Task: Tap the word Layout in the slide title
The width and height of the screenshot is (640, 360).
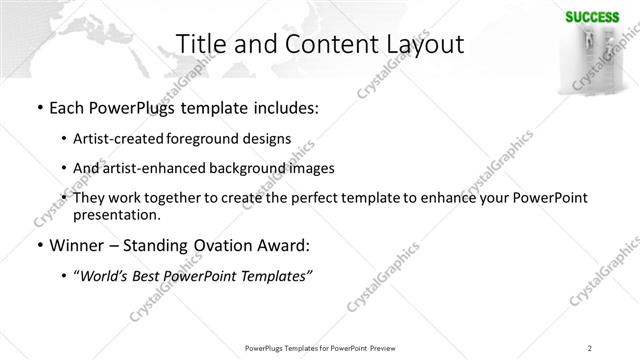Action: [424, 45]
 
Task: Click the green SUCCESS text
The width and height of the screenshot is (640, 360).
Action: [591, 16]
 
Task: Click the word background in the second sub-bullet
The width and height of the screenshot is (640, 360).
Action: [225, 168]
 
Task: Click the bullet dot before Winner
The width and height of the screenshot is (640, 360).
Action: [38, 244]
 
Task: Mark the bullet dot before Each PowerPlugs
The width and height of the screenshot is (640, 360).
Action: [38, 107]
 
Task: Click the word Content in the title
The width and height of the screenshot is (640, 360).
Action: [321, 45]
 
